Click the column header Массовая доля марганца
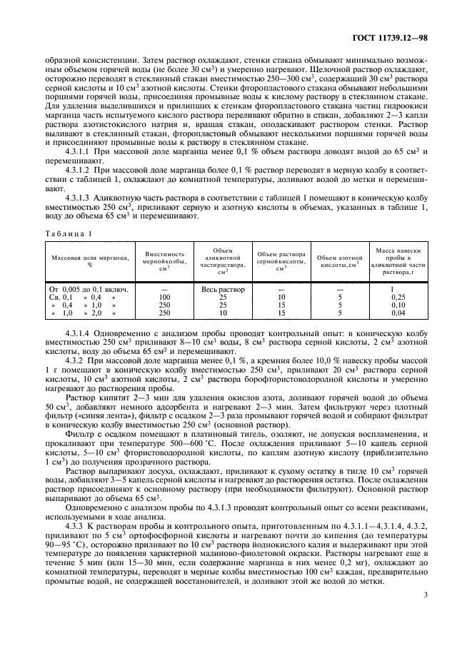tap(91, 259)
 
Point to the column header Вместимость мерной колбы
tap(165, 259)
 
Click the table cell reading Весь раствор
tap(224, 289)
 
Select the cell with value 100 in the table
tap(165, 297)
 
